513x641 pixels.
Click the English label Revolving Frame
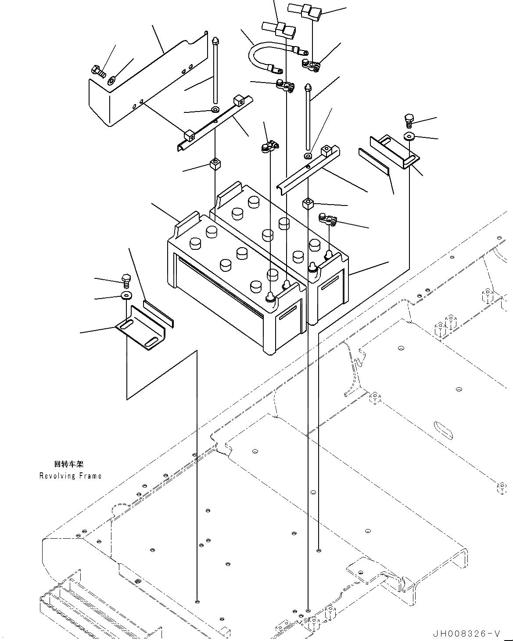click(x=70, y=476)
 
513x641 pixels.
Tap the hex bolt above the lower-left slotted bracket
click(x=126, y=280)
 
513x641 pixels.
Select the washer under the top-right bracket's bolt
click(x=409, y=136)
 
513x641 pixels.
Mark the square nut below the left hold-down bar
click(x=215, y=164)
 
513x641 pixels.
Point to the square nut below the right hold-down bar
click(x=309, y=203)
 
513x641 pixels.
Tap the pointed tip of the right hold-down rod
click(x=309, y=87)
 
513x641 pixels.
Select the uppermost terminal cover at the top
click(x=305, y=9)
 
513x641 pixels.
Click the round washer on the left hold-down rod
click(x=215, y=109)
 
